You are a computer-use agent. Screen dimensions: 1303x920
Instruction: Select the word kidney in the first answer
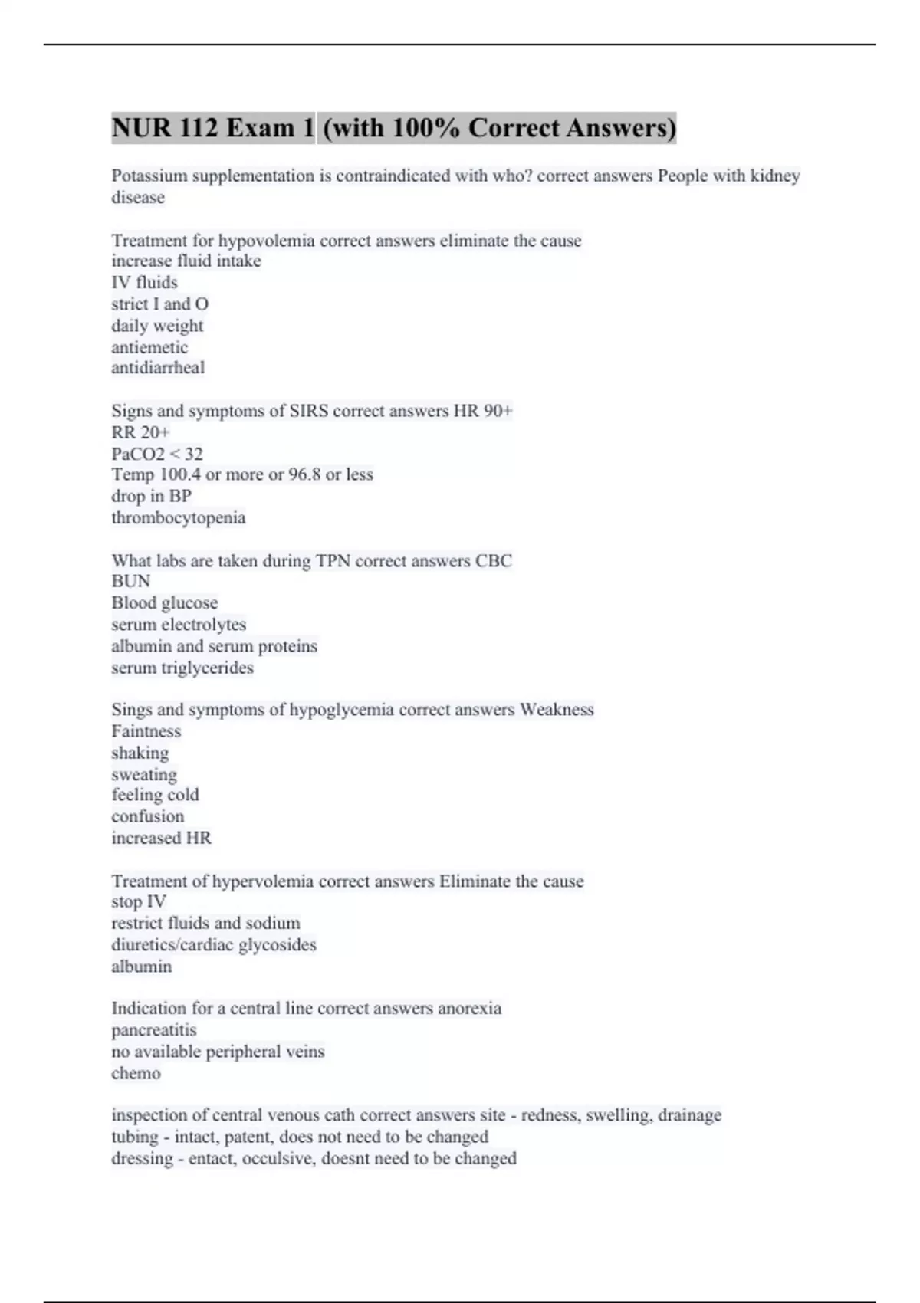tap(775, 176)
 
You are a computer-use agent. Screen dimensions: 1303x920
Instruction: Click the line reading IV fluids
tap(144, 282)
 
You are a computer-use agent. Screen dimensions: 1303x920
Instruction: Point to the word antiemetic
tap(149, 347)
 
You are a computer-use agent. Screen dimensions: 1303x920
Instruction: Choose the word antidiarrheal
tap(158, 368)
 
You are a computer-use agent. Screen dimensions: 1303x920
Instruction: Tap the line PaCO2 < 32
tap(157, 454)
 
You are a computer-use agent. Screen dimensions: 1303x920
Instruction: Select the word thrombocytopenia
tap(179, 517)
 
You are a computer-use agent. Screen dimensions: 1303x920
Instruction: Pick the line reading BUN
tap(130, 581)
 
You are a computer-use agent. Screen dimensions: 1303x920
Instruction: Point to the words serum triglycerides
tap(182, 668)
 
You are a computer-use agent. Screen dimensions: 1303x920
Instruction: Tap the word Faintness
tap(146, 731)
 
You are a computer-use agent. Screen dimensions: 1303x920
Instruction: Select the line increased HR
tap(161, 838)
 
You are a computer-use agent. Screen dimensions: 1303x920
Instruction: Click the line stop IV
tap(139, 901)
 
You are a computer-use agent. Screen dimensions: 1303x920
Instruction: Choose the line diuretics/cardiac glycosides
tap(214, 944)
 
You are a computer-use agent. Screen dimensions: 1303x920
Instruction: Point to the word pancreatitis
tap(154, 1030)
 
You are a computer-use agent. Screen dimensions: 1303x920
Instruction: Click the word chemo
tap(136, 1073)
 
